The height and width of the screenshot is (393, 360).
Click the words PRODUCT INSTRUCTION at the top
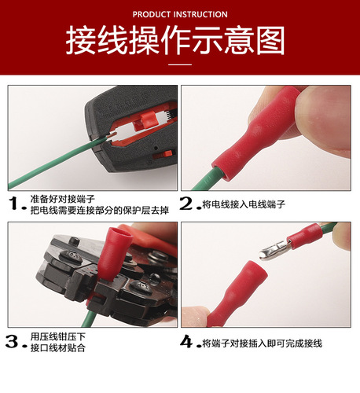pyautogui.click(x=180, y=14)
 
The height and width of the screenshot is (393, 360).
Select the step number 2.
pyautogui.click(x=187, y=204)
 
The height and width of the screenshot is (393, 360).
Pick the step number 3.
pyautogui.click(x=13, y=342)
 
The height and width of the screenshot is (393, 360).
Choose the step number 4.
pyautogui.click(x=187, y=343)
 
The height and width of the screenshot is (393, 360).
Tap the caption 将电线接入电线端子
pyautogui.click(x=244, y=204)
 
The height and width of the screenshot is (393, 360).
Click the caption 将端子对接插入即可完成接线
pyautogui.click(x=262, y=343)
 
